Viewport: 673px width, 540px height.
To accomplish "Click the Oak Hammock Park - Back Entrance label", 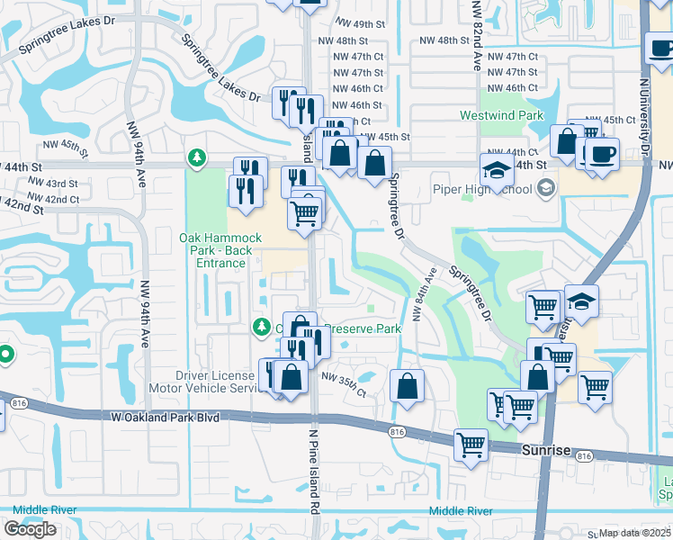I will point(220,250).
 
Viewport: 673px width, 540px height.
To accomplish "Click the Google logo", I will point(31,528).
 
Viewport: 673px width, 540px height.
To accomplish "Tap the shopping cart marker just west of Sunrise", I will point(471,444).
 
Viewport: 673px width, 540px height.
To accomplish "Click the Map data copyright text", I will point(634,533).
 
